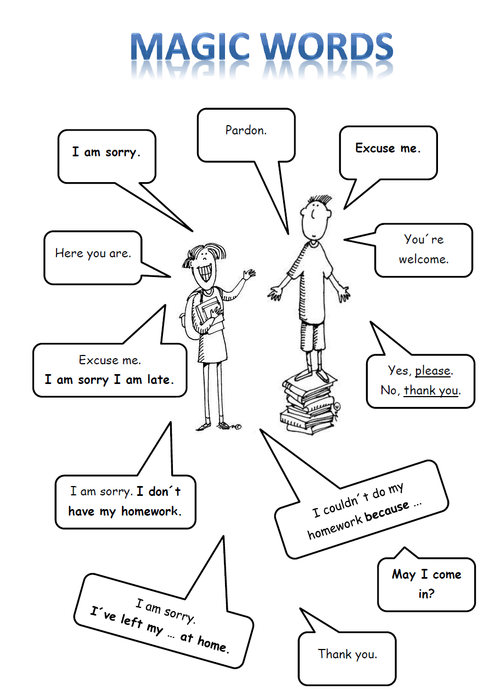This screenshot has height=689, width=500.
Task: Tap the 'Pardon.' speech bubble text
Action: [246, 131]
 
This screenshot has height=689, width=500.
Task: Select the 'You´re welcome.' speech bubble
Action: [424, 249]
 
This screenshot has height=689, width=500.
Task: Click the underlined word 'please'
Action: [433, 371]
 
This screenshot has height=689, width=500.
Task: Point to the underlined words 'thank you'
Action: [431, 391]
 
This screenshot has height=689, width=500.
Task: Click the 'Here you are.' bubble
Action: [93, 253]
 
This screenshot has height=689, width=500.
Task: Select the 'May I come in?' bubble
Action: [426, 584]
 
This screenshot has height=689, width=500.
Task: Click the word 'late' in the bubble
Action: [159, 380]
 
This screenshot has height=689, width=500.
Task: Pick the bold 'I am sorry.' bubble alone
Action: [106, 152]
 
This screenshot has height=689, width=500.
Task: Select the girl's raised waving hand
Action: [249, 274]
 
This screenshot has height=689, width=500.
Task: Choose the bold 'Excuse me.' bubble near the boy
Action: [388, 148]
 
